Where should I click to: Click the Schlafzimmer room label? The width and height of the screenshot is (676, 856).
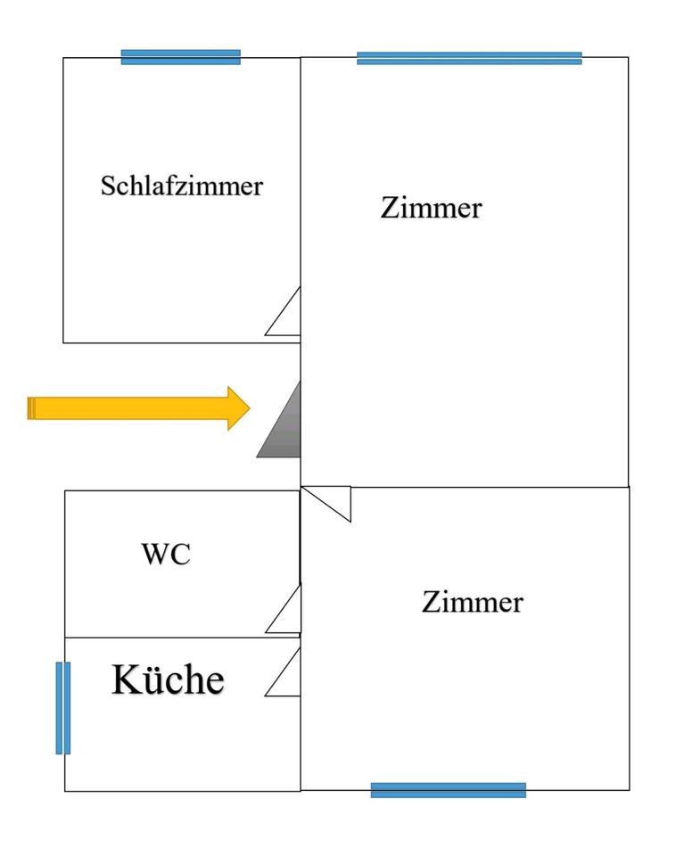coord(182,185)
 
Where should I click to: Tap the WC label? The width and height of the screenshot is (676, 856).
coord(166,554)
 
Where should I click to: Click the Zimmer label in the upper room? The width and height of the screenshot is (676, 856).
coord(432,208)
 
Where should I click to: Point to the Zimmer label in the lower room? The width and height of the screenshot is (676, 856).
coord(473,602)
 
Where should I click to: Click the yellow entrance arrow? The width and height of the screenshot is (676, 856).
coord(139,407)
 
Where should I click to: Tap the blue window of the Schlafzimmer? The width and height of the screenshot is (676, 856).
coord(181,57)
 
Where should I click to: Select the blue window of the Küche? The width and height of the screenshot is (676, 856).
coord(63,708)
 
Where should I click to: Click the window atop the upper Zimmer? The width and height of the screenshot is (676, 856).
coord(470,59)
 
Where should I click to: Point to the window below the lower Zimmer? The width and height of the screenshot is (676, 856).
coord(449,790)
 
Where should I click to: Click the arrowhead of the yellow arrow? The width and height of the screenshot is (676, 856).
coord(239,407)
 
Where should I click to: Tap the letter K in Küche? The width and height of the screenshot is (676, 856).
coord(126,679)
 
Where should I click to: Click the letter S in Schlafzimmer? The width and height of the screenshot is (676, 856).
coord(108,185)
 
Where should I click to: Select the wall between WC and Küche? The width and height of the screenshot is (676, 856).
coord(183,637)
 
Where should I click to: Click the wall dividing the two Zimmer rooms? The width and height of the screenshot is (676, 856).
coord(465,487)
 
